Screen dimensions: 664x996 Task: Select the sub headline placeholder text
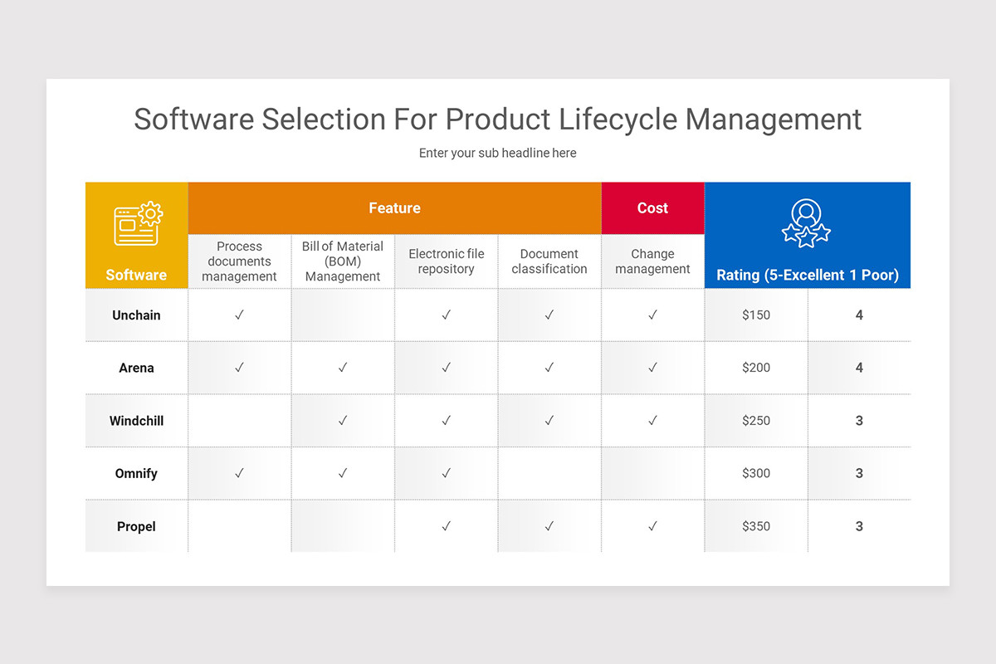(x=497, y=153)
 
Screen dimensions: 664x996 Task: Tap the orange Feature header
(x=394, y=208)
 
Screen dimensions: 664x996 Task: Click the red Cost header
(x=652, y=208)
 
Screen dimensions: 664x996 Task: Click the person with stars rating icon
(x=806, y=222)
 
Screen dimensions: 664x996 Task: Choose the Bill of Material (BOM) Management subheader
(x=343, y=261)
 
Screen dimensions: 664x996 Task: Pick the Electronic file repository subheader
(x=446, y=261)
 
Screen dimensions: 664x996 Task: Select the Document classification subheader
(x=549, y=261)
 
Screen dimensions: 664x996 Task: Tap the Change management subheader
(x=652, y=261)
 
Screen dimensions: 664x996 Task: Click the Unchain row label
(x=136, y=315)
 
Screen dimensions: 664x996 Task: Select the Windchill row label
(x=136, y=421)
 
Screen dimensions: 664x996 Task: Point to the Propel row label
(x=136, y=526)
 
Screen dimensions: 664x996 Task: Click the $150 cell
(x=756, y=315)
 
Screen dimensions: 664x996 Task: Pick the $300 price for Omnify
(x=756, y=473)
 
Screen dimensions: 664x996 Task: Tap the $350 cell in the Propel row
(x=756, y=526)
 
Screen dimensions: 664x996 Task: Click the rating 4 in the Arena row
(x=859, y=368)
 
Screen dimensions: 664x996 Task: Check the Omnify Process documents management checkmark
(x=239, y=473)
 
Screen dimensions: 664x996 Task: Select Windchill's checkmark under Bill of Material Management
(x=343, y=421)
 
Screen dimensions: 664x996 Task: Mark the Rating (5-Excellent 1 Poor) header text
(x=808, y=276)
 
